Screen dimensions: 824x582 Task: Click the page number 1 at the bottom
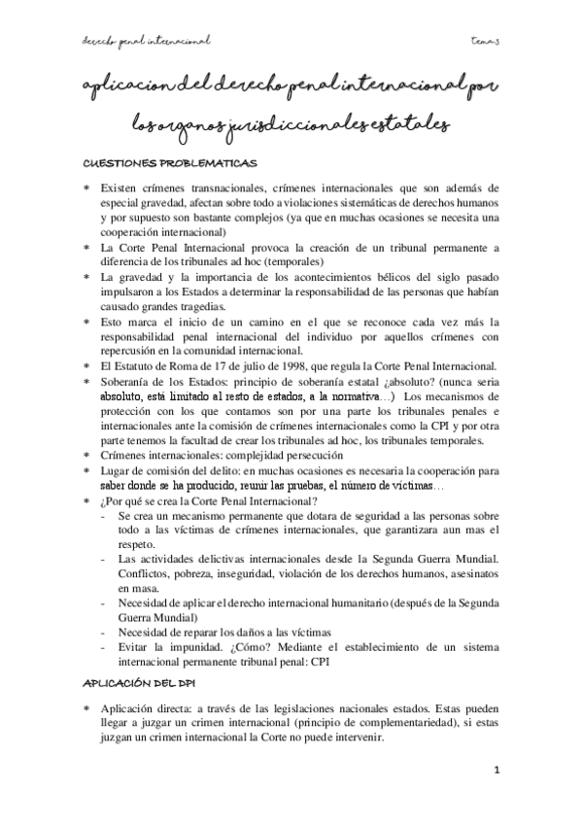[x=496, y=772]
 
